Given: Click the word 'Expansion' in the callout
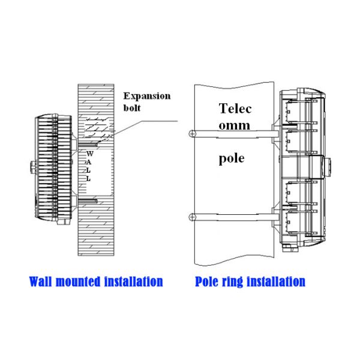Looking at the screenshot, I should point(146,95).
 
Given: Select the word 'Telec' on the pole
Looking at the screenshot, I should point(236,109).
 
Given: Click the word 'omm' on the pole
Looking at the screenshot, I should point(234,125).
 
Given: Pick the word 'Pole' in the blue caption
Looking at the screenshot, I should point(208,281).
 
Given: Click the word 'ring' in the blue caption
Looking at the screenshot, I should point(235,281).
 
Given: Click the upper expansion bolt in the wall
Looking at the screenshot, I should point(86,144).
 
